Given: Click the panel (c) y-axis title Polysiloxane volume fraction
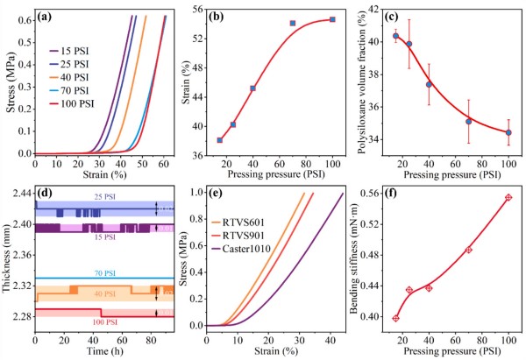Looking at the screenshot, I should point(366,81).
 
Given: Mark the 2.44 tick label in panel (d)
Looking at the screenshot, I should point(18,193).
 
